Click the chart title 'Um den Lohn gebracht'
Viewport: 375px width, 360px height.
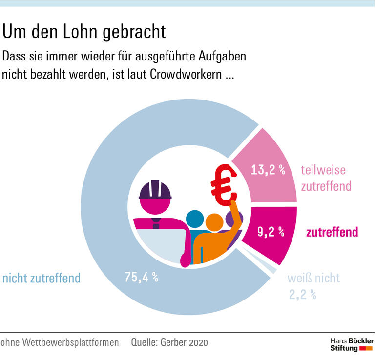tap(84, 32)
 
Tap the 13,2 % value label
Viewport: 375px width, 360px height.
tap(268, 170)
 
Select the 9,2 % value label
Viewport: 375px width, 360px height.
tap(270, 232)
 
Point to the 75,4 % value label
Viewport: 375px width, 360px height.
tap(141, 278)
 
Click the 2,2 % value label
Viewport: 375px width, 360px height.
tap(302, 294)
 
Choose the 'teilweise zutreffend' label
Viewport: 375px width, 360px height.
tap(326, 178)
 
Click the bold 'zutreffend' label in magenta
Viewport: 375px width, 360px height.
tap(332, 232)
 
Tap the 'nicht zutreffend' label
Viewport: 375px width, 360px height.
tap(41, 279)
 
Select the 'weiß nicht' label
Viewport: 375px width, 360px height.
tap(313, 279)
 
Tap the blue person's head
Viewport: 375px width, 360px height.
tap(195, 219)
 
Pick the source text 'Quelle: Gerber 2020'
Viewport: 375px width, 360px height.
tap(169, 342)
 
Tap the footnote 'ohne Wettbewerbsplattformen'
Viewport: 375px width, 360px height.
tap(60, 342)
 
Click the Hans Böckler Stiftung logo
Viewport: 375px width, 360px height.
tap(352, 344)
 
